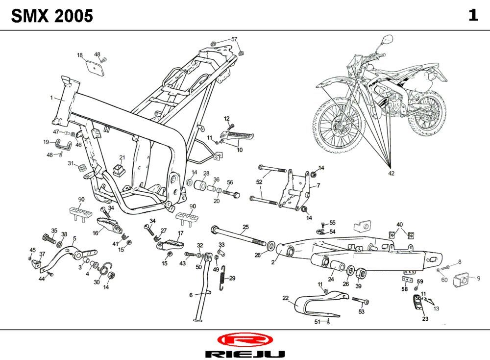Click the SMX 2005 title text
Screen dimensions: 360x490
[52, 16]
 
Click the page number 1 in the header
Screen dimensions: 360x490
[473, 15]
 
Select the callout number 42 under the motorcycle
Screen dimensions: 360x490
[391, 173]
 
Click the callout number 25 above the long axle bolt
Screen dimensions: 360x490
[245, 227]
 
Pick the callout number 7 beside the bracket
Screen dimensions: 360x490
[318, 186]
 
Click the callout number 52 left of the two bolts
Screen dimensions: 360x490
[259, 182]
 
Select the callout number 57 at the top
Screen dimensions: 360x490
[234, 39]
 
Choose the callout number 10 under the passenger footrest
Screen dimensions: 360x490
[240, 150]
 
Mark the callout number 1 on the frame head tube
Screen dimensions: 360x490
[51, 98]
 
